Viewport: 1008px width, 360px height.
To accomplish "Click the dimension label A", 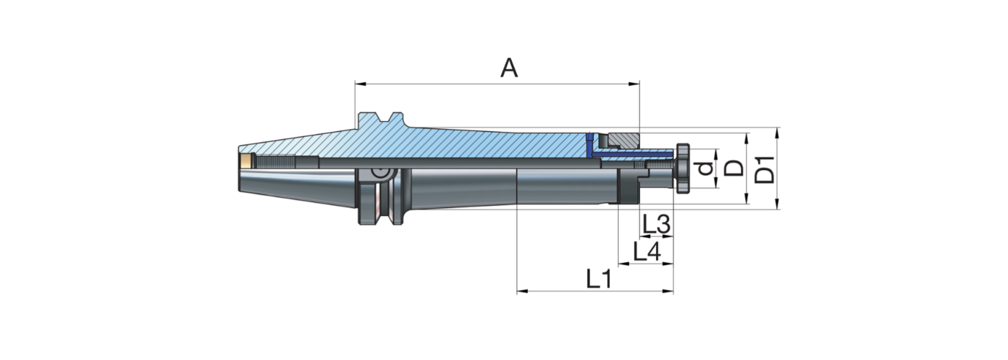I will [509, 68].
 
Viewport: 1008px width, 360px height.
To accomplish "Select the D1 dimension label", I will [768, 168].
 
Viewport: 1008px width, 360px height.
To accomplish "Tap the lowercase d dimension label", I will [706, 169].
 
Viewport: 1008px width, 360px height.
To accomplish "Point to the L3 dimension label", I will [656, 225].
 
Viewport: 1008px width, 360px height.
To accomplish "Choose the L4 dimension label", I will [646, 251].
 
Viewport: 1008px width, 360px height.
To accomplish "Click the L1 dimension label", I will [598, 279].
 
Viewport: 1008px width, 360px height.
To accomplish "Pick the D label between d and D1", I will [734, 168].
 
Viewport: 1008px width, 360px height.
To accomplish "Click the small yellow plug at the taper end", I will [246, 161].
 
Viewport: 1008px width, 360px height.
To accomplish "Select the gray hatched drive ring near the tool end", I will [622, 138].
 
